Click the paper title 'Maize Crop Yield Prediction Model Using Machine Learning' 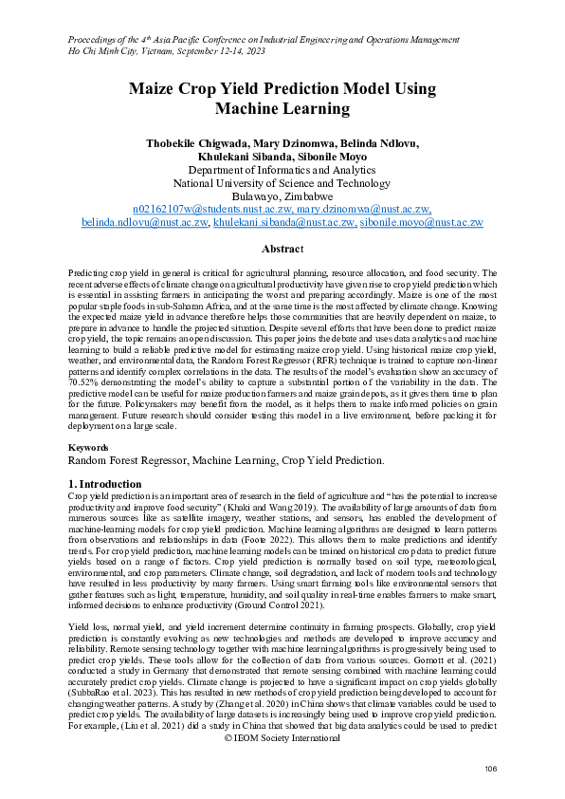pos(282,100)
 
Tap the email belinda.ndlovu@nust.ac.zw pos(145,222)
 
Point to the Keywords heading pos(92,446)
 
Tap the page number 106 pos(490,768)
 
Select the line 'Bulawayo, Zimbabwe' pos(282,195)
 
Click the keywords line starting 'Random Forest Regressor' pos(226,460)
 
